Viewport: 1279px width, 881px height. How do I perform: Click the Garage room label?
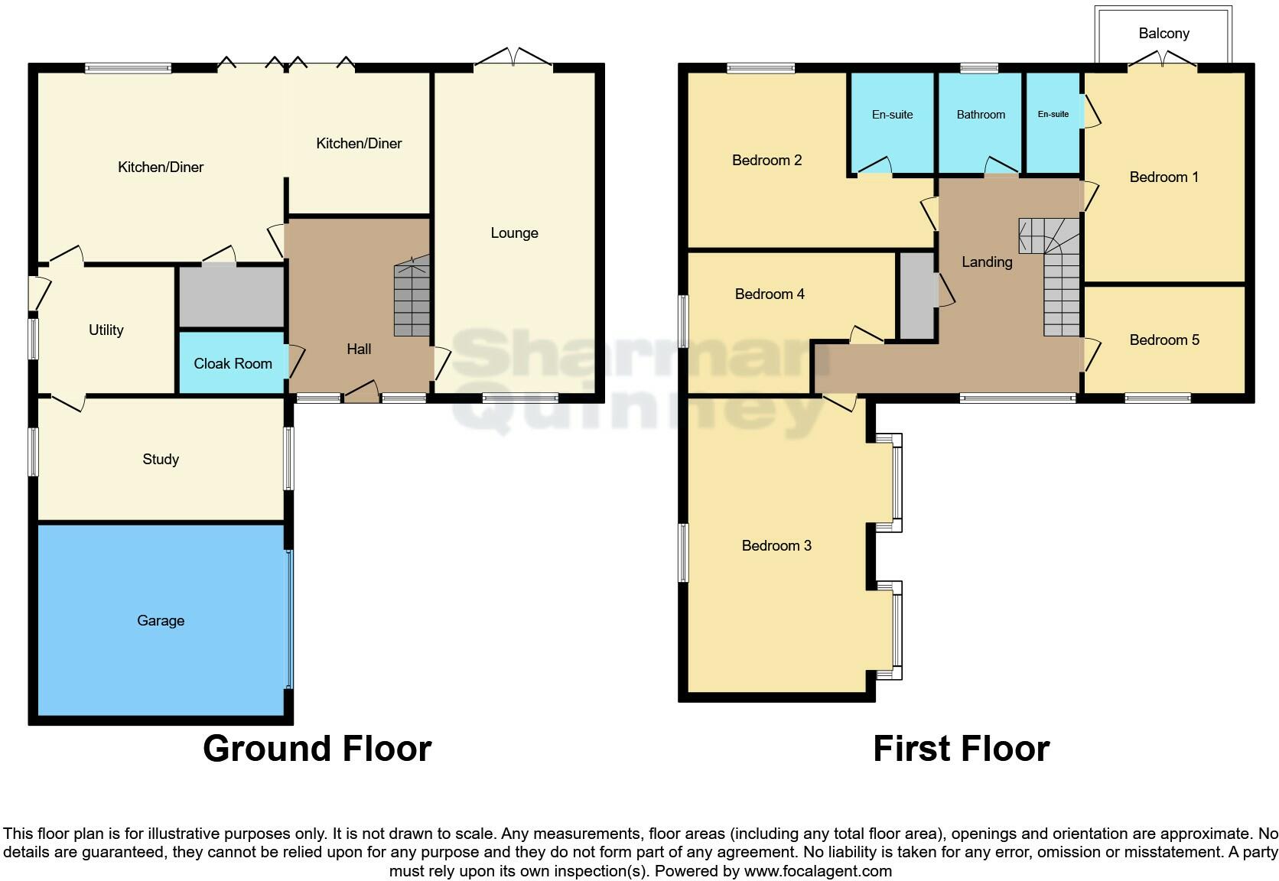(161, 620)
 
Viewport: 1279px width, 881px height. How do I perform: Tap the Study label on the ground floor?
(161, 459)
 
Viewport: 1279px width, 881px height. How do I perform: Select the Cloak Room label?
(233, 363)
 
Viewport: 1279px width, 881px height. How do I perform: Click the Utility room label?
(106, 330)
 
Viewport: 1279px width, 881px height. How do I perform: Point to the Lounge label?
(514, 232)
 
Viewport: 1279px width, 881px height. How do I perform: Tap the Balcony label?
(1163, 33)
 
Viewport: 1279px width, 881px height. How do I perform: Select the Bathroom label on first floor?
(981, 115)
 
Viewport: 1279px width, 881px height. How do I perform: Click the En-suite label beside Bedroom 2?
(892, 115)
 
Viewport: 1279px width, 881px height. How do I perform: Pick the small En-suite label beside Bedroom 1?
(1053, 114)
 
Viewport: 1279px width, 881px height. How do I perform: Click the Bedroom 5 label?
(1164, 340)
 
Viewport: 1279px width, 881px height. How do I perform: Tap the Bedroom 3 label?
(776, 545)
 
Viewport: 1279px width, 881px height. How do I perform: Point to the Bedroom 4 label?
(770, 294)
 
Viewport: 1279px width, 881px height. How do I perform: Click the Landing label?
(987, 262)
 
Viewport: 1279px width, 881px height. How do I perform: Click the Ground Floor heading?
(317, 748)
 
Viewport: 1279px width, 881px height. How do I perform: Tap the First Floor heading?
(961, 748)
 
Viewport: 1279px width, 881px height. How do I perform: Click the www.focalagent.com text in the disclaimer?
(818, 870)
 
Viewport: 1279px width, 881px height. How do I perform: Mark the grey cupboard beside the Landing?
(916, 295)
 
